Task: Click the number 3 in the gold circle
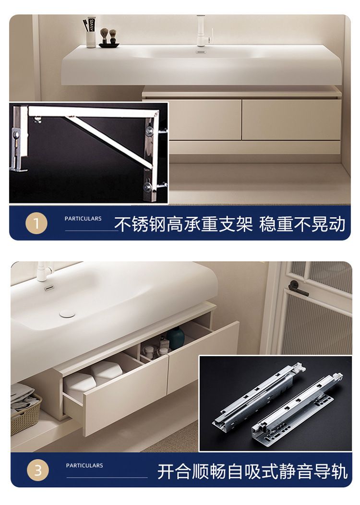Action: [38, 470]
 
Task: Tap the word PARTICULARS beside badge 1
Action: [83, 219]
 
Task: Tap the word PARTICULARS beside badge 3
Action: [84, 465]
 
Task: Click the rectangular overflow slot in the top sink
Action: [201, 51]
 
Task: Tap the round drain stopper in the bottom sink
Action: [67, 313]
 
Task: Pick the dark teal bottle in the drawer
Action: [176, 338]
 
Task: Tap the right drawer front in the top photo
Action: [291, 120]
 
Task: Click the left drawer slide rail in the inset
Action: [259, 396]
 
